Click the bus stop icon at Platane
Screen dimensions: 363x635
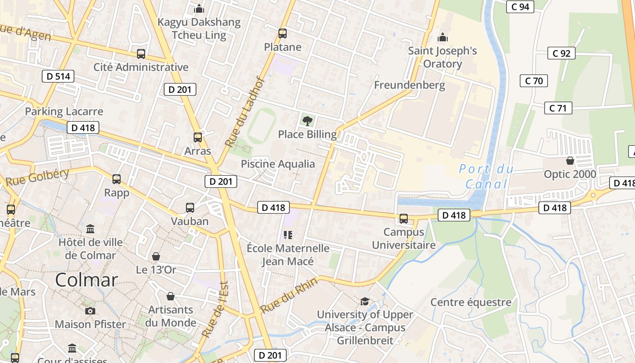click(283, 34)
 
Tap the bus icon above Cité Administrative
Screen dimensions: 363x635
click(141, 54)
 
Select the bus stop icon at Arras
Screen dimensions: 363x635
click(198, 137)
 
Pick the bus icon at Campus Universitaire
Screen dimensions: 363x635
click(404, 219)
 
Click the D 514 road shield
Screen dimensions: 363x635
click(59, 76)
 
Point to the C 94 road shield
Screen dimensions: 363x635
click(520, 6)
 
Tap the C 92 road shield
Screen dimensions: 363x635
click(561, 53)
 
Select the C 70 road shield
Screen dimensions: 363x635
click(534, 81)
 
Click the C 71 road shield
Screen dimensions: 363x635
click(558, 108)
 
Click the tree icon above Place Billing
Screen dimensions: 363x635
click(308, 121)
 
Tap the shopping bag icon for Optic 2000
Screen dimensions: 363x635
click(570, 161)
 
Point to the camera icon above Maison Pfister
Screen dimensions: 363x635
click(90, 311)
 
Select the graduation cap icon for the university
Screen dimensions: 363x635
click(365, 301)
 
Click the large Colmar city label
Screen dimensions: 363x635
click(87, 280)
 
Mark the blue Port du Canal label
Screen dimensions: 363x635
click(486, 177)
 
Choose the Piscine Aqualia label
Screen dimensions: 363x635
click(278, 164)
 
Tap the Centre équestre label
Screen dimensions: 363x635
click(471, 302)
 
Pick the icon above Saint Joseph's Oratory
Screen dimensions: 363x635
click(442, 37)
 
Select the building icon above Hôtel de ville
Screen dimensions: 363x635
click(90, 229)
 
